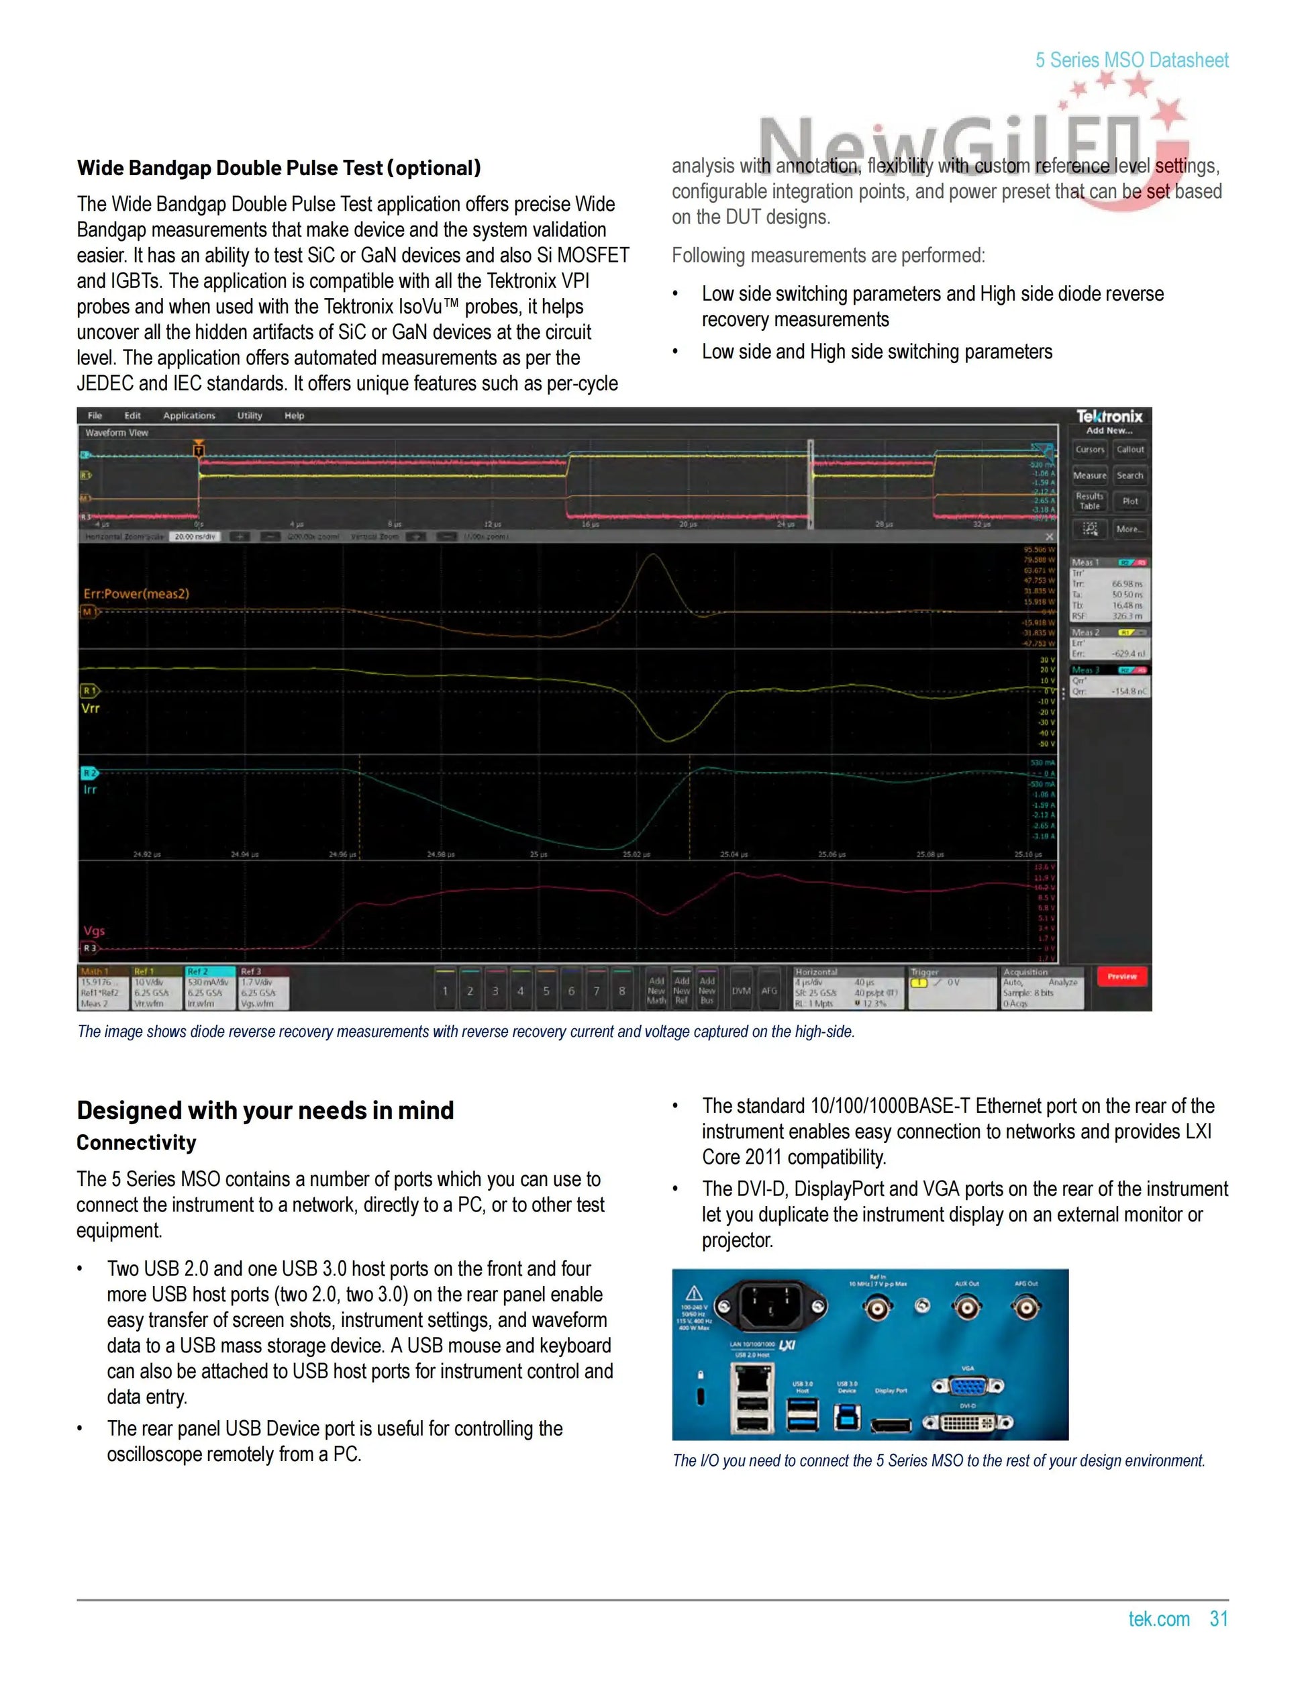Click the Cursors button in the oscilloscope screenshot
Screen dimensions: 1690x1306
pyautogui.click(x=1089, y=450)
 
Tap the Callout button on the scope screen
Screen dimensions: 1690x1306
pyautogui.click(x=1129, y=450)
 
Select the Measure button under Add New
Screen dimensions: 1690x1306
pyautogui.click(x=1089, y=476)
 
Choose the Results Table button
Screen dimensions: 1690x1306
pyautogui.click(x=1089, y=501)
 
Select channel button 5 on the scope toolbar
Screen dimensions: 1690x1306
pyautogui.click(x=546, y=991)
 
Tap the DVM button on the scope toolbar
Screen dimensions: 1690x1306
pyautogui.click(x=741, y=991)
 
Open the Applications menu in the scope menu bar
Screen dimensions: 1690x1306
pyautogui.click(x=189, y=415)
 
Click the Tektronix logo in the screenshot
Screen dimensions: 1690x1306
pyautogui.click(x=1109, y=416)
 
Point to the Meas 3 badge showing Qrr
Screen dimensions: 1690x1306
pyautogui.click(x=1109, y=682)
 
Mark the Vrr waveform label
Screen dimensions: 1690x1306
pyautogui.click(x=91, y=708)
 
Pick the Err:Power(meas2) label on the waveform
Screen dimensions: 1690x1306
pyautogui.click(x=136, y=593)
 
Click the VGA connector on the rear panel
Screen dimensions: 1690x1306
pyautogui.click(x=967, y=1386)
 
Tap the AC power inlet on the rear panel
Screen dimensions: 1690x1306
pyautogui.click(x=770, y=1307)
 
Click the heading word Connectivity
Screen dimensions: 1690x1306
pyautogui.click(x=136, y=1143)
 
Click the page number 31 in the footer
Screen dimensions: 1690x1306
pyautogui.click(x=1219, y=1619)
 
